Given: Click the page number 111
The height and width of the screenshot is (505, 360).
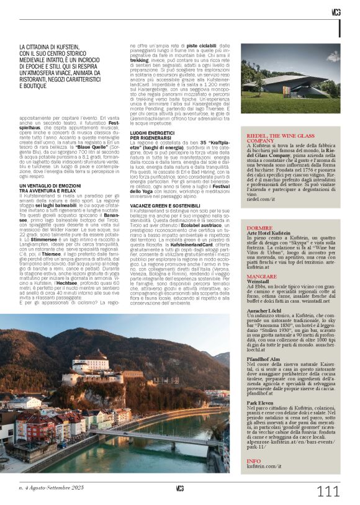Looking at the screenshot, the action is pyautogui.click(x=328, y=491).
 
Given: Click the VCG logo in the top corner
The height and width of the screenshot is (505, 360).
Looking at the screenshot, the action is pyautogui.click(x=335, y=11).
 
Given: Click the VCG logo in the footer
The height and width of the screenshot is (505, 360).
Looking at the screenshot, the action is pyautogui.click(x=179, y=488).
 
